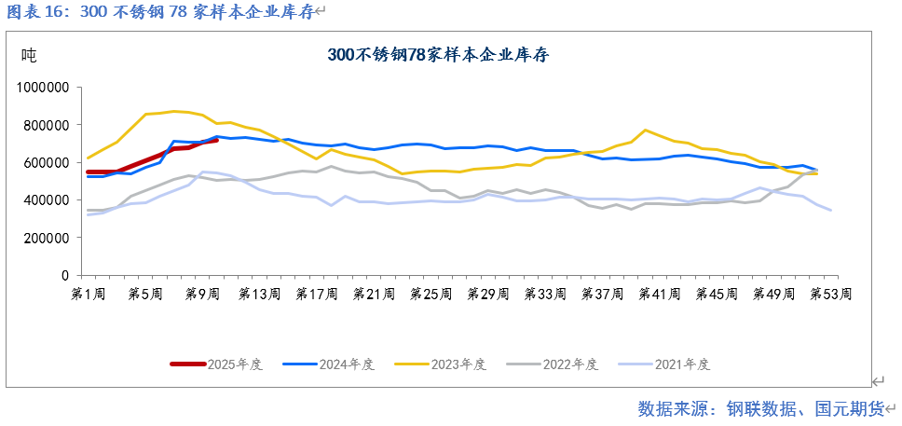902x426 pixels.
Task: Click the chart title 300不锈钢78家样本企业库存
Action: (438, 55)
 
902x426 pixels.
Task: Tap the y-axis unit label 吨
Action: (29, 55)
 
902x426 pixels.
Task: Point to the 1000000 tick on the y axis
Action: (45, 87)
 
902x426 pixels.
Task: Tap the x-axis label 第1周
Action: (89, 295)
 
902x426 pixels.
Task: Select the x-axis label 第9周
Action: (202, 295)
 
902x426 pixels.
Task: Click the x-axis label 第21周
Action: (374, 295)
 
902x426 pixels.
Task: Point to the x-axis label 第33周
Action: (546, 295)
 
